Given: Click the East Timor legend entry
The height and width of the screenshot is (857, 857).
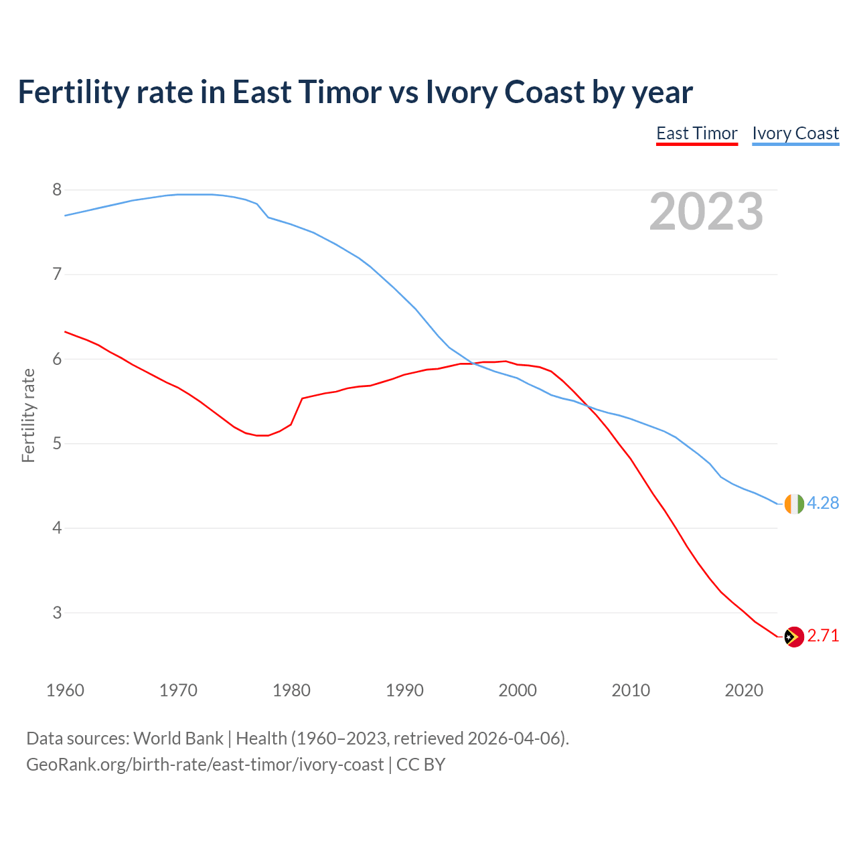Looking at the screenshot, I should coord(696,133).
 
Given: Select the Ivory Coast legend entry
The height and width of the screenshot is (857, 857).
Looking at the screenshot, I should coord(795,133).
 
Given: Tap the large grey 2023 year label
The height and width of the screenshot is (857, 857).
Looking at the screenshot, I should coord(706,212).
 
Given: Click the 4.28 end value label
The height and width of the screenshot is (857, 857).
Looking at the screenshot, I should coord(823,503).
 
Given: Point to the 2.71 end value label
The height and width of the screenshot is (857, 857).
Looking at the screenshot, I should coord(823,635).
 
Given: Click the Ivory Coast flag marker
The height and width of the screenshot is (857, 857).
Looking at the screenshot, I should coord(794,503).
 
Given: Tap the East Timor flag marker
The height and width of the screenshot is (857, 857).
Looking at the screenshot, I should coord(794,637).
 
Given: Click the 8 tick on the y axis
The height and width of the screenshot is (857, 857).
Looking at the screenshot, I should coord(57,190).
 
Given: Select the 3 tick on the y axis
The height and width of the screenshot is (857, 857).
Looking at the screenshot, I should coord(57,613).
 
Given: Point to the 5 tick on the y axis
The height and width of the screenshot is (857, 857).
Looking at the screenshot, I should coord(57,444).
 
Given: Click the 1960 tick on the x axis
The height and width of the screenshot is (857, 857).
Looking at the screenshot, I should coord(65,690).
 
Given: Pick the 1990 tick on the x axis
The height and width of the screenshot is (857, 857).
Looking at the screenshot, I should coord(404,690).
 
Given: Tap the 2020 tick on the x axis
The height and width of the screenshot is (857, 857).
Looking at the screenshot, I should coord(744,690).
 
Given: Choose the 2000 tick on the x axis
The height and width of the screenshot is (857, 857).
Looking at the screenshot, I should coord(518,690).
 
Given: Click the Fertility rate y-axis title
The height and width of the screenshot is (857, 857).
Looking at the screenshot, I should coord(28,415).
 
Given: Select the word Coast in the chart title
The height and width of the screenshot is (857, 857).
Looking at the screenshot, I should coord(544,92).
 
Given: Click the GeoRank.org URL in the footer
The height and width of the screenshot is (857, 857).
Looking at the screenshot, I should coord(205,764).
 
